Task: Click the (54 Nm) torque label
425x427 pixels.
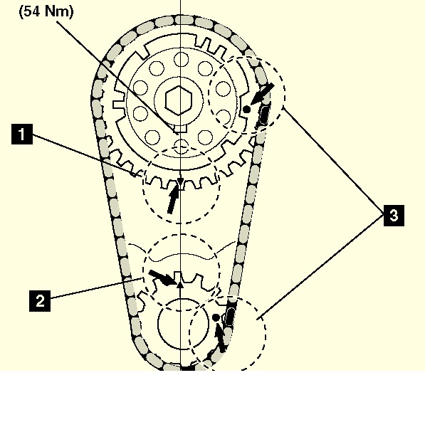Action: [46, 11]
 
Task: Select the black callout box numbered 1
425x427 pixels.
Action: [22, 134]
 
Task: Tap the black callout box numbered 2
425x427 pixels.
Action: [40, 301]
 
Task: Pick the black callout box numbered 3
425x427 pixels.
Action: [394, 216]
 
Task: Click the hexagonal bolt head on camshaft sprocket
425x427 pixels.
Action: [179, 100]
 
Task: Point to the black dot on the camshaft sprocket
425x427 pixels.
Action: [246, 110]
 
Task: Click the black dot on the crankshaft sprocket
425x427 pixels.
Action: [216, 317]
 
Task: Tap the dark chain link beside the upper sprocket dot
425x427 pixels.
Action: [263, 115]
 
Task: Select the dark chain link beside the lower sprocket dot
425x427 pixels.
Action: [230, 317]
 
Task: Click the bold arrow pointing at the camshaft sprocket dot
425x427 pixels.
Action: [262, 94]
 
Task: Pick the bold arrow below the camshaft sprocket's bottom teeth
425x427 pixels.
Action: [174, 198]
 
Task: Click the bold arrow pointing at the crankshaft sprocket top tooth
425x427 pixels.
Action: [162, 278]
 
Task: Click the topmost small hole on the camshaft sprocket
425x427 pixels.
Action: [181, 59]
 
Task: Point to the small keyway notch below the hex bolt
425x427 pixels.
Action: [180, 129]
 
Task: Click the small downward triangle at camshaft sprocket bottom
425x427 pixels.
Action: [180, 182]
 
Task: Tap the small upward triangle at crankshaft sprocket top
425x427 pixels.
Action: [180, 285]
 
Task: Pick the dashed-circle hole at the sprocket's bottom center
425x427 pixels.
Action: [181, 147]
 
